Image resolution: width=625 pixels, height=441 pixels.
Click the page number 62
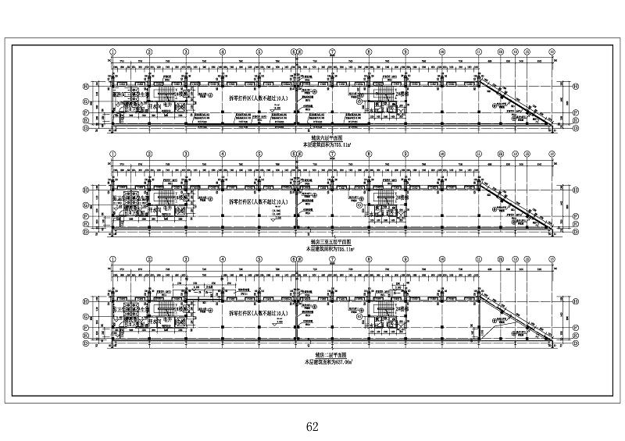pos(313,426)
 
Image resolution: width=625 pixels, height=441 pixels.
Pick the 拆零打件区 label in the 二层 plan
pos(259,311)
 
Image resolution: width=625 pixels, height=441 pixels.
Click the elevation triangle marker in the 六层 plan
pos(273,115)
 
